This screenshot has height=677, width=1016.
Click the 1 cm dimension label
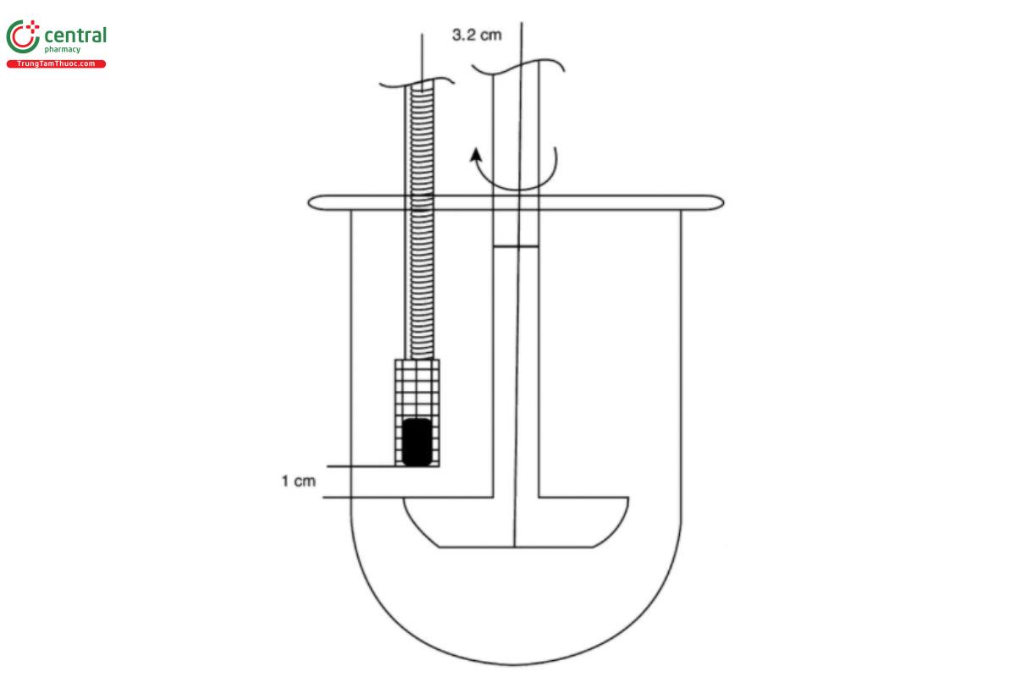pos(298,482)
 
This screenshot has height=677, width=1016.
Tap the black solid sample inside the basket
pos(416,441)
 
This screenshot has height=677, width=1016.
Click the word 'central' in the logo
pos(75,36)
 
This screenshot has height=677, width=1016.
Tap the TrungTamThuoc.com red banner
pos(56,64)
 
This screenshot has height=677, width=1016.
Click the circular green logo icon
pos(23,38)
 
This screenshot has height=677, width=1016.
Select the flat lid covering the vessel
pos(516,203)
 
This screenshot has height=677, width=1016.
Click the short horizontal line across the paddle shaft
pos(516,247)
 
